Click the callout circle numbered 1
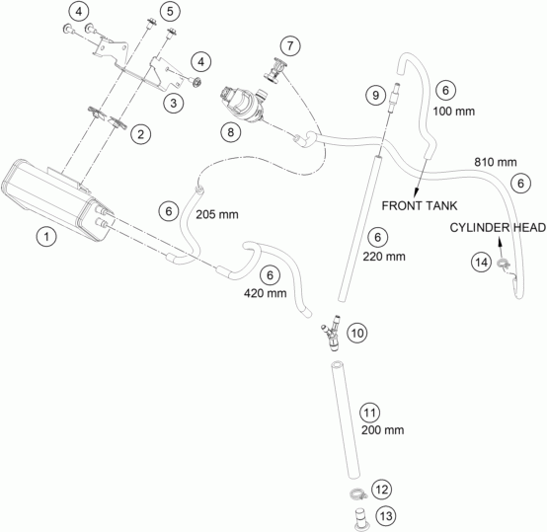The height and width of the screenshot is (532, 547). click(x=46, y=237)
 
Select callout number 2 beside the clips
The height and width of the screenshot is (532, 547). click(x=140, y=134)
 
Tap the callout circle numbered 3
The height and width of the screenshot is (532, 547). click(x=174, y=103)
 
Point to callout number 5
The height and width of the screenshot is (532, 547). click(x=170, y=12)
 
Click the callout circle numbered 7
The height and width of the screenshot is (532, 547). click(x=290, y=45)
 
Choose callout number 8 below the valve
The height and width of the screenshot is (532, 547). click(x=231, y=132)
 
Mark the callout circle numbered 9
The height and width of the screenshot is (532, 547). click(x=376, y=95)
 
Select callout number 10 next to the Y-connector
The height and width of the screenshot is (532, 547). click(x=357, y=334)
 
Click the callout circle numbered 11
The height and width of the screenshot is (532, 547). click(x=370, y=414)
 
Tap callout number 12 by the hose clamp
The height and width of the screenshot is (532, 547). click(x=382, y=490)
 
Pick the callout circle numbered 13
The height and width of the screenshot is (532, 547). click(x=386, y=516)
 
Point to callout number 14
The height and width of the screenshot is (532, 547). click(x=482, y=262)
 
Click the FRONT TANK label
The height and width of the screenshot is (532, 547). click(x=420, y=205)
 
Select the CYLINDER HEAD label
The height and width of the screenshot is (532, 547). click(x=498, y=228)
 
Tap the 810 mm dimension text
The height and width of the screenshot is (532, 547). click(x=496, y=162)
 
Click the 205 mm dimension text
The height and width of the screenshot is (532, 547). click(x=217, y=214)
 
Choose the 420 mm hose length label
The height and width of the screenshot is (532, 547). click(x=266, y=293)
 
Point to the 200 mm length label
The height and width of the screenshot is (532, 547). click(x=383, y=430)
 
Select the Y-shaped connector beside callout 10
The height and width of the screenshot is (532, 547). click(x=332, y=333)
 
